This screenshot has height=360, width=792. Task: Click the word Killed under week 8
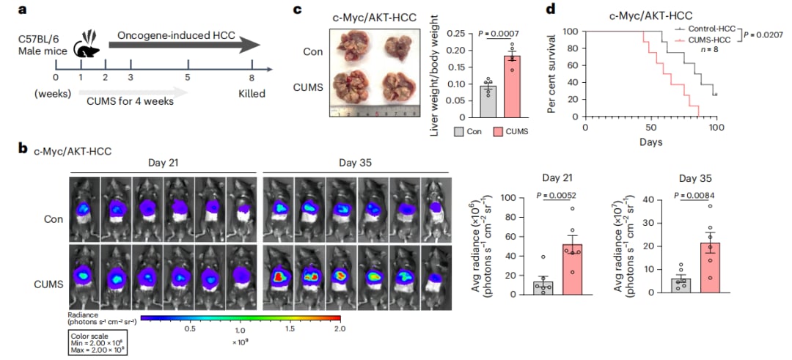(252, 95)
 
